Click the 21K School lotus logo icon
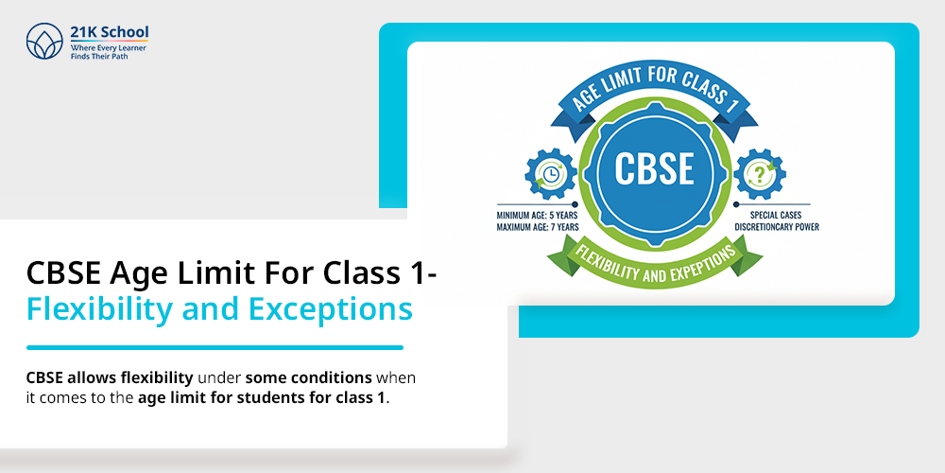tap(44, 43)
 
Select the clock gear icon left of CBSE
tap(550, 174)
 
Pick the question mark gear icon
tap(759, 174)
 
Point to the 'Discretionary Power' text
tap(777, 227)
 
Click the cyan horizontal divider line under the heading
tap(215, 347)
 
